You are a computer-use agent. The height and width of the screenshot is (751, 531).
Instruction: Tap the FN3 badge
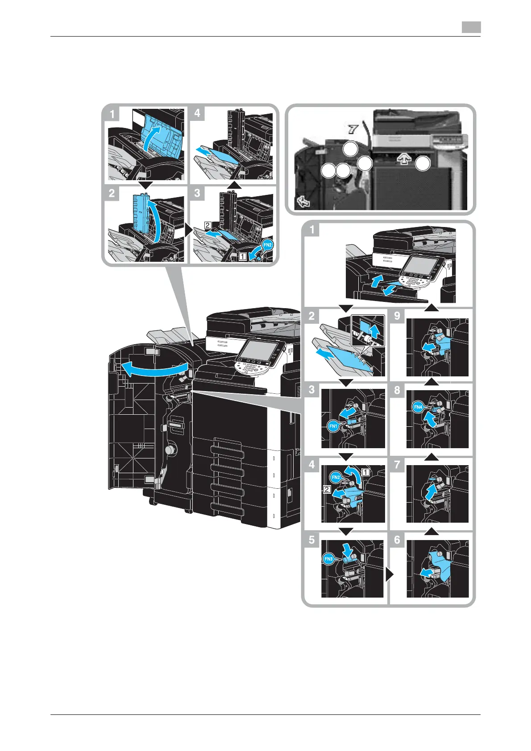pos(328,559)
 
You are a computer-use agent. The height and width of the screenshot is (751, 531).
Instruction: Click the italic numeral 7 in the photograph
pos(353,130)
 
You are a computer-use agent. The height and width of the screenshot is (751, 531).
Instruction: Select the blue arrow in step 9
pos(429,346)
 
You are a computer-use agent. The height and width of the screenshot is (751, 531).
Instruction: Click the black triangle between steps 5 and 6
pos(390,575)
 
